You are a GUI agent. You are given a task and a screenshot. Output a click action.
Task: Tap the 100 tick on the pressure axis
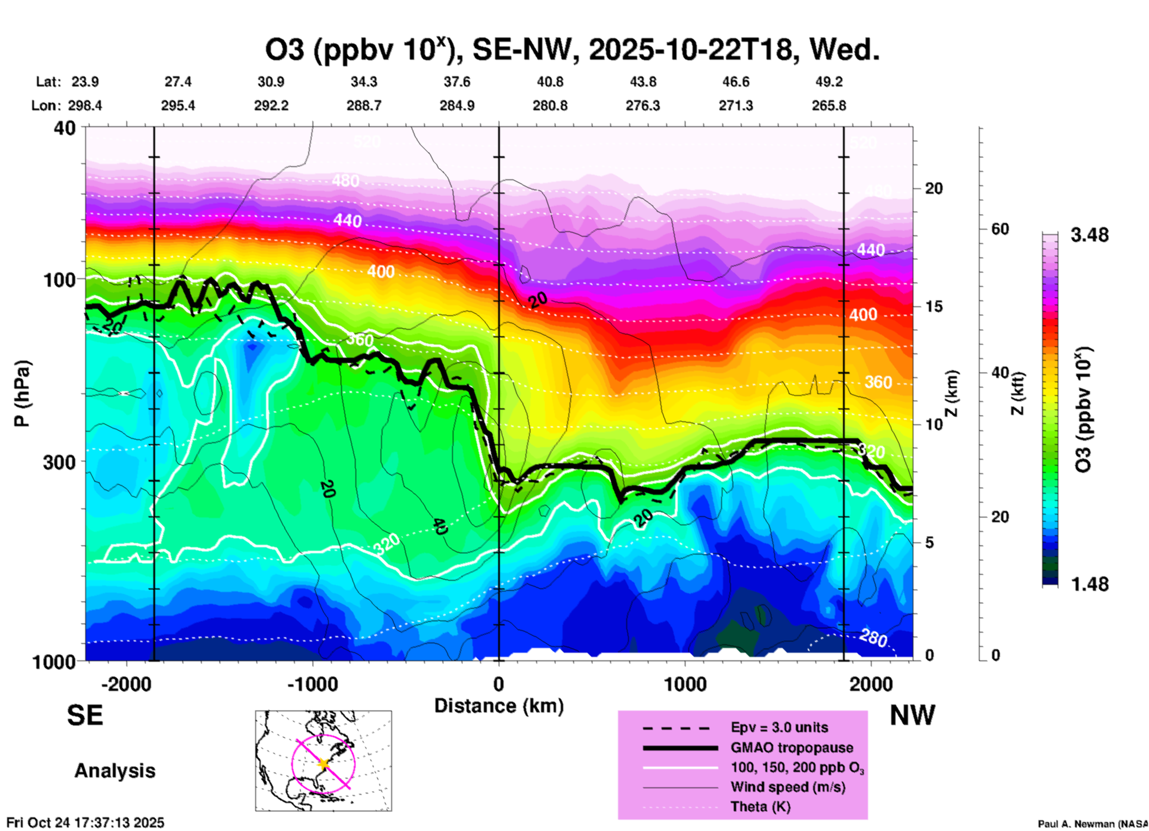(x=60, y=280)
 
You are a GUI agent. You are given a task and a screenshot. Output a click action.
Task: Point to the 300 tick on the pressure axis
(x=60, y=462)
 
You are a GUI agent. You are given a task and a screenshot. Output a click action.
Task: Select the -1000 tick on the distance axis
(x=313, y=684)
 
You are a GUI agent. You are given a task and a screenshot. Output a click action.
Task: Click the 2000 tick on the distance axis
(x=871, y=684)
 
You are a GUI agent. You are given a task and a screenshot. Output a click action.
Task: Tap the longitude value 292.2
(x=271, y=106)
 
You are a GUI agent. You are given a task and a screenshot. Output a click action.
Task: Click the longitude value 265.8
(x=829, y=106)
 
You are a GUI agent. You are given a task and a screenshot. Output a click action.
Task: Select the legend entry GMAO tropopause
(x=792, y=748)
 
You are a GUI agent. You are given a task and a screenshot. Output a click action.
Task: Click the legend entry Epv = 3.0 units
(x=779, y=727)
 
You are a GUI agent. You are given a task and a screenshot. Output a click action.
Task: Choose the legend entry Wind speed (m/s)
(x=787, y=787)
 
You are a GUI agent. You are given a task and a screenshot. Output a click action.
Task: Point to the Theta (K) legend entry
(x=760, y=807)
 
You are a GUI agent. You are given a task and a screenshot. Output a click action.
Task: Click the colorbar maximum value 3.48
(x=1089, y=235)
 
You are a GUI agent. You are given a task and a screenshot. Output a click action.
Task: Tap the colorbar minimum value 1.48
(x=1089, y=584)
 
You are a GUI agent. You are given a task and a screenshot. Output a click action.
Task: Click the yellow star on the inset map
(x=324, y=763)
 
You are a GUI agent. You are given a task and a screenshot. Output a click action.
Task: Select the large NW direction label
(x=912, y=715)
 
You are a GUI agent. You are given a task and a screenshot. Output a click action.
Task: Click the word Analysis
(x=115, y=770)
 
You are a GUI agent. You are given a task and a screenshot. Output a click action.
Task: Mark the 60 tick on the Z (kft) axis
(x=1000, y=229)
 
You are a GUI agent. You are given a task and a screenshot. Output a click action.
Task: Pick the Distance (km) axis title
(x=499, y=706)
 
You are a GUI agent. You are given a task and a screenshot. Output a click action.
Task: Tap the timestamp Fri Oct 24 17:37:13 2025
(x=85, y=823)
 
